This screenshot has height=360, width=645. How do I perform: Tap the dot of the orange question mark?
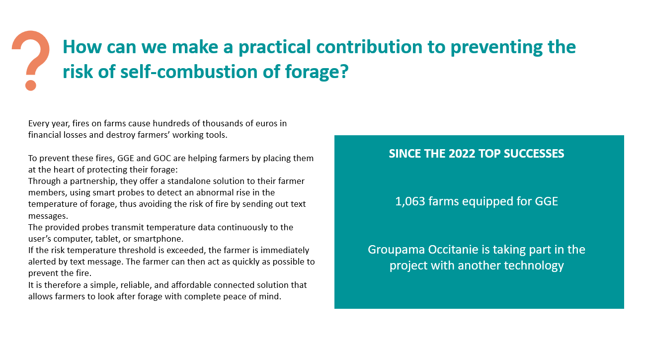pyautogui.click(x=31, y=86)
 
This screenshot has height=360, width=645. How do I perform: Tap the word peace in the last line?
pyautogui.click(x=234, y=297)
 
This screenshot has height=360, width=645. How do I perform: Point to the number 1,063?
pyautogui.click(x=410, y=201)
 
